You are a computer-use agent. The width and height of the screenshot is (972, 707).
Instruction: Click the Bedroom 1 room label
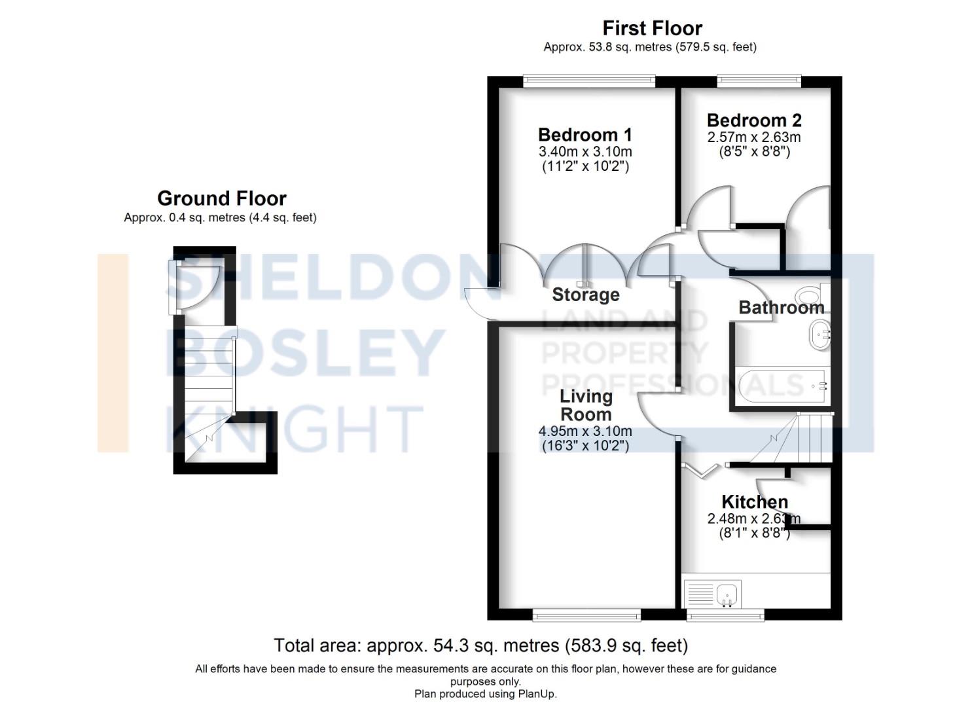pyautogui.click(x=585, y=135)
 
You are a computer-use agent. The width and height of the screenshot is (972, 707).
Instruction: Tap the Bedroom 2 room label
pyautogui.click(x=754, y=120)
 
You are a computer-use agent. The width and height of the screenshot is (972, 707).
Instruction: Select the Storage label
pyautogui.click(x=586, y=295)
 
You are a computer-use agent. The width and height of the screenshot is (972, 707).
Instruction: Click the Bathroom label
pyautogui.click(x=781, y=308)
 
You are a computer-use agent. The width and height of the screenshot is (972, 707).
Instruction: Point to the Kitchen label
pyautogui.click(x=754, y=502)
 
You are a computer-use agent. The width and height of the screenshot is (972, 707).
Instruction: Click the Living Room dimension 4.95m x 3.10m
pyautogui.click(x=585, y=431)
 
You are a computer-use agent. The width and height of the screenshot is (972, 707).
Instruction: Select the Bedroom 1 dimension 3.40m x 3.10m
pyautogui.click(x=585, y=152)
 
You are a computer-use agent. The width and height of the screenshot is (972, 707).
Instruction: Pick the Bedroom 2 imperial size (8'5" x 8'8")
pyautogui.click(x=754, y=152)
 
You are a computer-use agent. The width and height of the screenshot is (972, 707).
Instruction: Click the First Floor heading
pyautogui.click(x=652, y=28)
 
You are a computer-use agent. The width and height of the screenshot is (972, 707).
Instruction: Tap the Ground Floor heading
pyautogui.click(x=221, y=198)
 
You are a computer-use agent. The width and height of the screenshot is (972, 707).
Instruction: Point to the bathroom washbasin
pyautogui.click(x=819, y=335)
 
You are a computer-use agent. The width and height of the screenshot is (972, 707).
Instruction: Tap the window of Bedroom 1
pyautogui.click(x=589, y=81)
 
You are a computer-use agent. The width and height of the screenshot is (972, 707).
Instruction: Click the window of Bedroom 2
pyautogui.click(x=759, y=81)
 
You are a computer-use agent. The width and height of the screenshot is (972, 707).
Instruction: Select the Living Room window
pyautogui.click(x=586, y=615)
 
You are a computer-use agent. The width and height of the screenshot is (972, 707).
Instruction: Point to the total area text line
pyautogui.click(x=480, y=646)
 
